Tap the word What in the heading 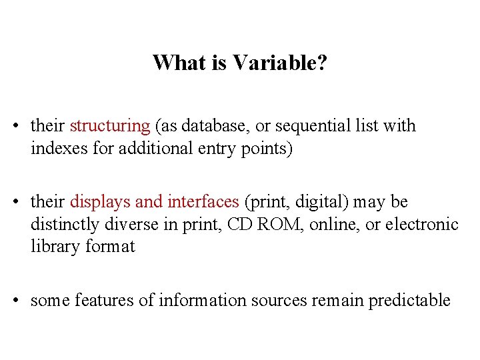tap(177, 63)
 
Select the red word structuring tap(110, 126)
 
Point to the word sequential tap(313, 126)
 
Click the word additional tap(153, 148)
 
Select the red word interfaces tap(203, 202)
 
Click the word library tap(55, 247)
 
